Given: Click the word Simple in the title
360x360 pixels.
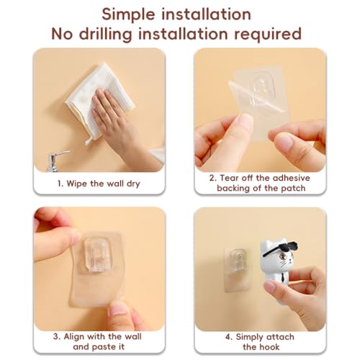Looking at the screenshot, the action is (128, 15).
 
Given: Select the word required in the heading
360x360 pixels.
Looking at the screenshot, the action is (268, 35).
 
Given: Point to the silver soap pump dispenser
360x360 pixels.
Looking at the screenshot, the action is (55, 161).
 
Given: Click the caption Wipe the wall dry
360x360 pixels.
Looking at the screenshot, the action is (99, 184).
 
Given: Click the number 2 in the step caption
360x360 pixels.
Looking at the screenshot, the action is (212, 178).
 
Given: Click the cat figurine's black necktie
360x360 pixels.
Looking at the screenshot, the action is (283, 279).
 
